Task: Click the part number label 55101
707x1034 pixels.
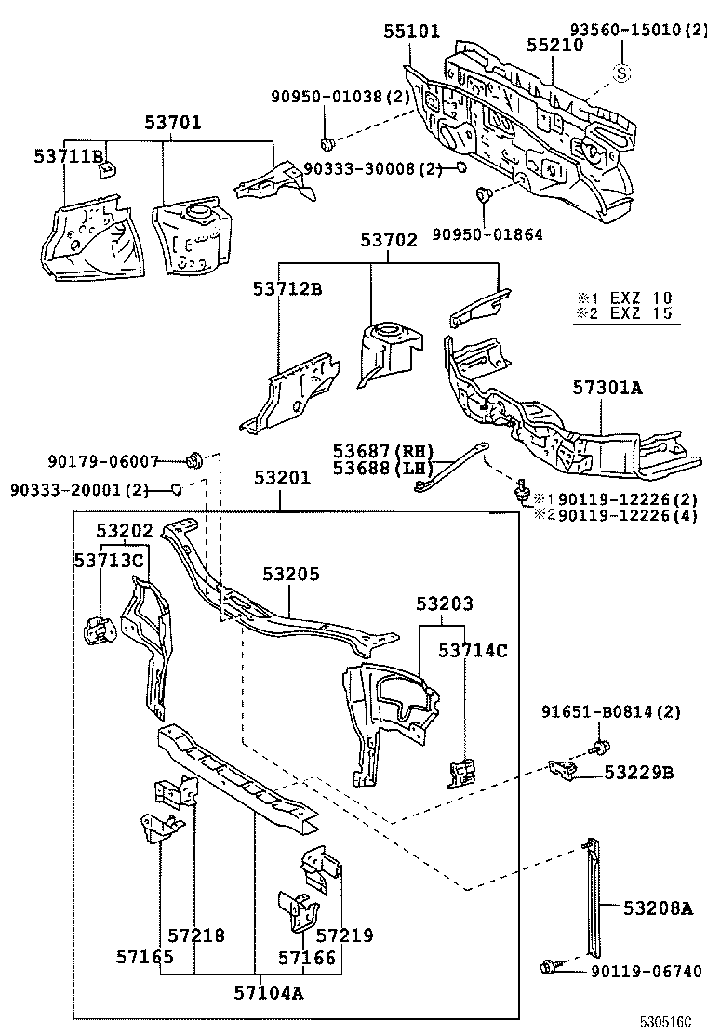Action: pos(412,31)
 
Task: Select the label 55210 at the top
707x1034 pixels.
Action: pos(554,45)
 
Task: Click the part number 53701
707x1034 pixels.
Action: pos(172,122)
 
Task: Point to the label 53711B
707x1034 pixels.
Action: pos(69,157)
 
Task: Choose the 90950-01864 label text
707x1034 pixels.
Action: pos(487,234)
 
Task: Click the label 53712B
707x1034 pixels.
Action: pos(287,289)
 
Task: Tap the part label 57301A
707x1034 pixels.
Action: pos(606,388)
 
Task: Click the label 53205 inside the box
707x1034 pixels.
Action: pos(290,574)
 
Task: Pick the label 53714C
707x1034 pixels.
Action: pos(474,650)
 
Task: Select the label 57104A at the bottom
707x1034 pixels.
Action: pos(268,992)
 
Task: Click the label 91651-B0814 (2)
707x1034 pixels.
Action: pos(611,712)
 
